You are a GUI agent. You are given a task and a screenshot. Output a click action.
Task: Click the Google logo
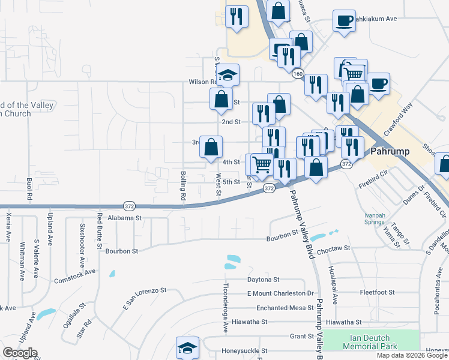(20, 353)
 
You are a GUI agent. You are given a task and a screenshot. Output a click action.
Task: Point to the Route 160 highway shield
(298, 73)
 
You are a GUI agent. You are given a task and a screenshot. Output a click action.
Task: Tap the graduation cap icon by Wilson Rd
(228, 76)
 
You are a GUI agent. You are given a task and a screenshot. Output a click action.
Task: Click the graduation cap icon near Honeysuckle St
(187, 348)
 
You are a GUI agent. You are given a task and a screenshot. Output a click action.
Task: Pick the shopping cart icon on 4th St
(262, 163)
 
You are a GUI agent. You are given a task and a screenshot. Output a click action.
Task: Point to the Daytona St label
(264, 280)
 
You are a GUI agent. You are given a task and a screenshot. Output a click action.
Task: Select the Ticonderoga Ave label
(226, 308)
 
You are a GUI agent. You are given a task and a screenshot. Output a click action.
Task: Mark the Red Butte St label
(100, 230)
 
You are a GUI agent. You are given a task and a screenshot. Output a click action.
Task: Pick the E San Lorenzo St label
(144, 299)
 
